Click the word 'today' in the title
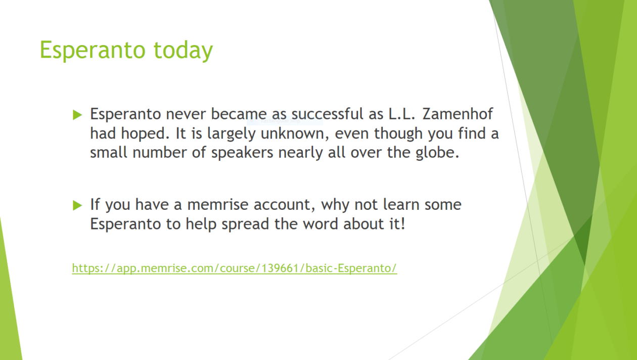click(183, 51)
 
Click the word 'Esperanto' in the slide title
click(93, 51)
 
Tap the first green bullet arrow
click(77, 115)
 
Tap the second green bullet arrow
click(77, 205)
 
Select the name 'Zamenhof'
click(458, 114)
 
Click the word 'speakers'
click(242, 153)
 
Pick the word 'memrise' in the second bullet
click(217, 204)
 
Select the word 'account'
click(284, 205)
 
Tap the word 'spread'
click(245, 224)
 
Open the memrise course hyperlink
click(235, 268)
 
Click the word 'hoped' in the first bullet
click(145, 133)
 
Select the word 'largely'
click(231, 134)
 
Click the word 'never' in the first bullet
click(186, 115)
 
